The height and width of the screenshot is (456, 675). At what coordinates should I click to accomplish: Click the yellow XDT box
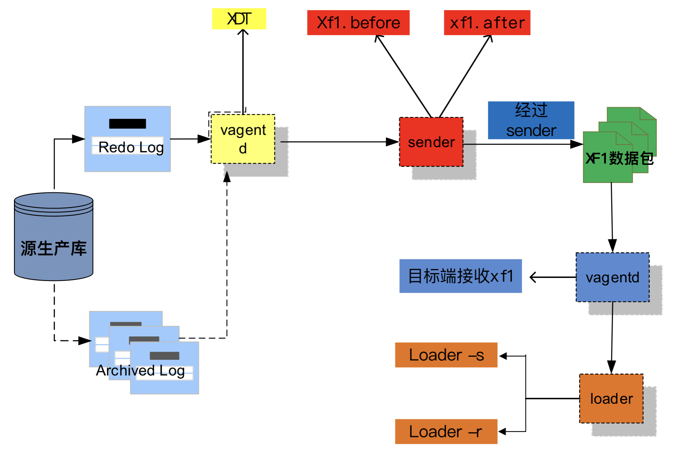click(239, 19)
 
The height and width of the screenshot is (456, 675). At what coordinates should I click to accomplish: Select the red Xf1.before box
click(358, 23)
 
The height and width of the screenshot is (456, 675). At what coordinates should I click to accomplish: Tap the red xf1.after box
click(487, 23)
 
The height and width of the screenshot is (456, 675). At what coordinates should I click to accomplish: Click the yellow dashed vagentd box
click(243, 139)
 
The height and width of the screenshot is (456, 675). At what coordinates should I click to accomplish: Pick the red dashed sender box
click(431, 142)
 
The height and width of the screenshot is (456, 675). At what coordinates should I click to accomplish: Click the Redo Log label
click(131, 147)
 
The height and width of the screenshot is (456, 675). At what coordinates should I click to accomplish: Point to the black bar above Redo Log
click(127, 124)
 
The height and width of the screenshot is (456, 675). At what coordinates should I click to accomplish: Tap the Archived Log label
click(140, 370)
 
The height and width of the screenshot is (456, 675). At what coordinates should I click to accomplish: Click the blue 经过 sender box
click(531, 120)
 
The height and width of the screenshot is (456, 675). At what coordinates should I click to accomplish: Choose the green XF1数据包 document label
click(619, 158)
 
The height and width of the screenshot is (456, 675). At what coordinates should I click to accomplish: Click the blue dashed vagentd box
click(612, 278)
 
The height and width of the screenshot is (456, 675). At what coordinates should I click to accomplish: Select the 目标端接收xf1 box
click(460, 276)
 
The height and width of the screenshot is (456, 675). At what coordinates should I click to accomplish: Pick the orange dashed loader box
click(611, 398)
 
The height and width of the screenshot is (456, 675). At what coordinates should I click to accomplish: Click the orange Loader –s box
click(446, 355)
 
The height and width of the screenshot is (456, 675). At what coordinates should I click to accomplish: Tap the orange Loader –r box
click(446, 432)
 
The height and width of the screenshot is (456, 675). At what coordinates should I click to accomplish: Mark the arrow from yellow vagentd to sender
click(338, 142)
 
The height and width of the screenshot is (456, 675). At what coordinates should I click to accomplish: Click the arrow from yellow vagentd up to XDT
click(243, 70)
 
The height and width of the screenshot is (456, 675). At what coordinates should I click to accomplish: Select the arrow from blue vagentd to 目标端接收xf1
click(553, 277)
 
